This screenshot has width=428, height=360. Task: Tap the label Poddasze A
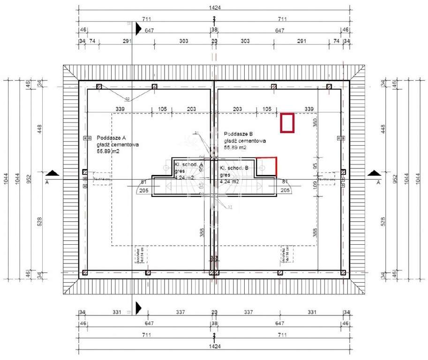[112, 138]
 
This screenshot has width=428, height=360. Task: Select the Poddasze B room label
[238, 134]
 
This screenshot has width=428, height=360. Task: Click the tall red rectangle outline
[287, 123]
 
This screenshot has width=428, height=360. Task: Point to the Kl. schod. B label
[235, 167]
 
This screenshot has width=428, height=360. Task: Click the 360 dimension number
[315, 122]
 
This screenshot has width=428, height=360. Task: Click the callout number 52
[128, 99]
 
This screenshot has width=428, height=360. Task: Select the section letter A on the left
[47, 181]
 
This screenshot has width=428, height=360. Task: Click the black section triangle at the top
[138, 30]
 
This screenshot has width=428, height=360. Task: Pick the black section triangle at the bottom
[138, 307]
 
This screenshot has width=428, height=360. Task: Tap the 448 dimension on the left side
[41, 128]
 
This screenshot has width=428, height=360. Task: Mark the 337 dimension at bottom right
[248, 312]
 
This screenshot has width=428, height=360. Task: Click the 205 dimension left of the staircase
[143, 190]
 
